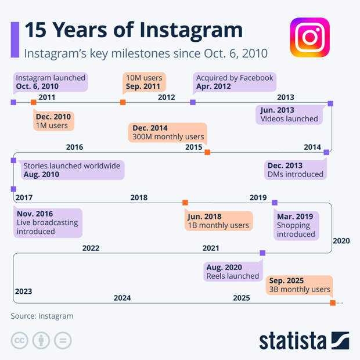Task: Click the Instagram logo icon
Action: (309, 37)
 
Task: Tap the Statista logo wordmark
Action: (304, 340)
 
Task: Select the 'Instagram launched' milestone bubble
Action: (51, 82)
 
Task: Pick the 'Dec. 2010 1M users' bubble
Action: (53, 121)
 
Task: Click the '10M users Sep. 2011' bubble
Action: (145, 82)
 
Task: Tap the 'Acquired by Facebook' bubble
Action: (235, 82)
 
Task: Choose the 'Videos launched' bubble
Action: (289, 114)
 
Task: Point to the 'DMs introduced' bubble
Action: (295, 170)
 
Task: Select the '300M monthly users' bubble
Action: (168, 132)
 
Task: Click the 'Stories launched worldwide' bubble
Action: (71, 170)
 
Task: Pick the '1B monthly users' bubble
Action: (218, 221)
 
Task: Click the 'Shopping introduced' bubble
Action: (296, 225)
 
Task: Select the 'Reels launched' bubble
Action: (232, 272)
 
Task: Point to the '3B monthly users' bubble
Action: (300, 285)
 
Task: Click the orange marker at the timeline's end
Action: (333, 303)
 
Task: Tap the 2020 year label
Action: (341, 240)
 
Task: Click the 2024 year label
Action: (122, 298)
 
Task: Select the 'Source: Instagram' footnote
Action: (42, 316)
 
